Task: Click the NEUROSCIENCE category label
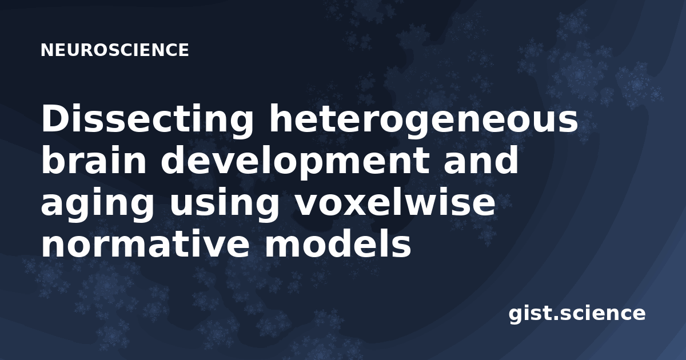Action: [x=115, y=50]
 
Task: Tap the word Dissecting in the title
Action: [x=147, y=121]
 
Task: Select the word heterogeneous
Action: [x=423, y=121]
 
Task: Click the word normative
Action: [x=145, y=243]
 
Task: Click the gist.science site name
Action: [x=577, y=314]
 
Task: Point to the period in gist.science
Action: [x=555, y=318]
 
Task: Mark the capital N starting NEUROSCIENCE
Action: [x=47, y=50]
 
